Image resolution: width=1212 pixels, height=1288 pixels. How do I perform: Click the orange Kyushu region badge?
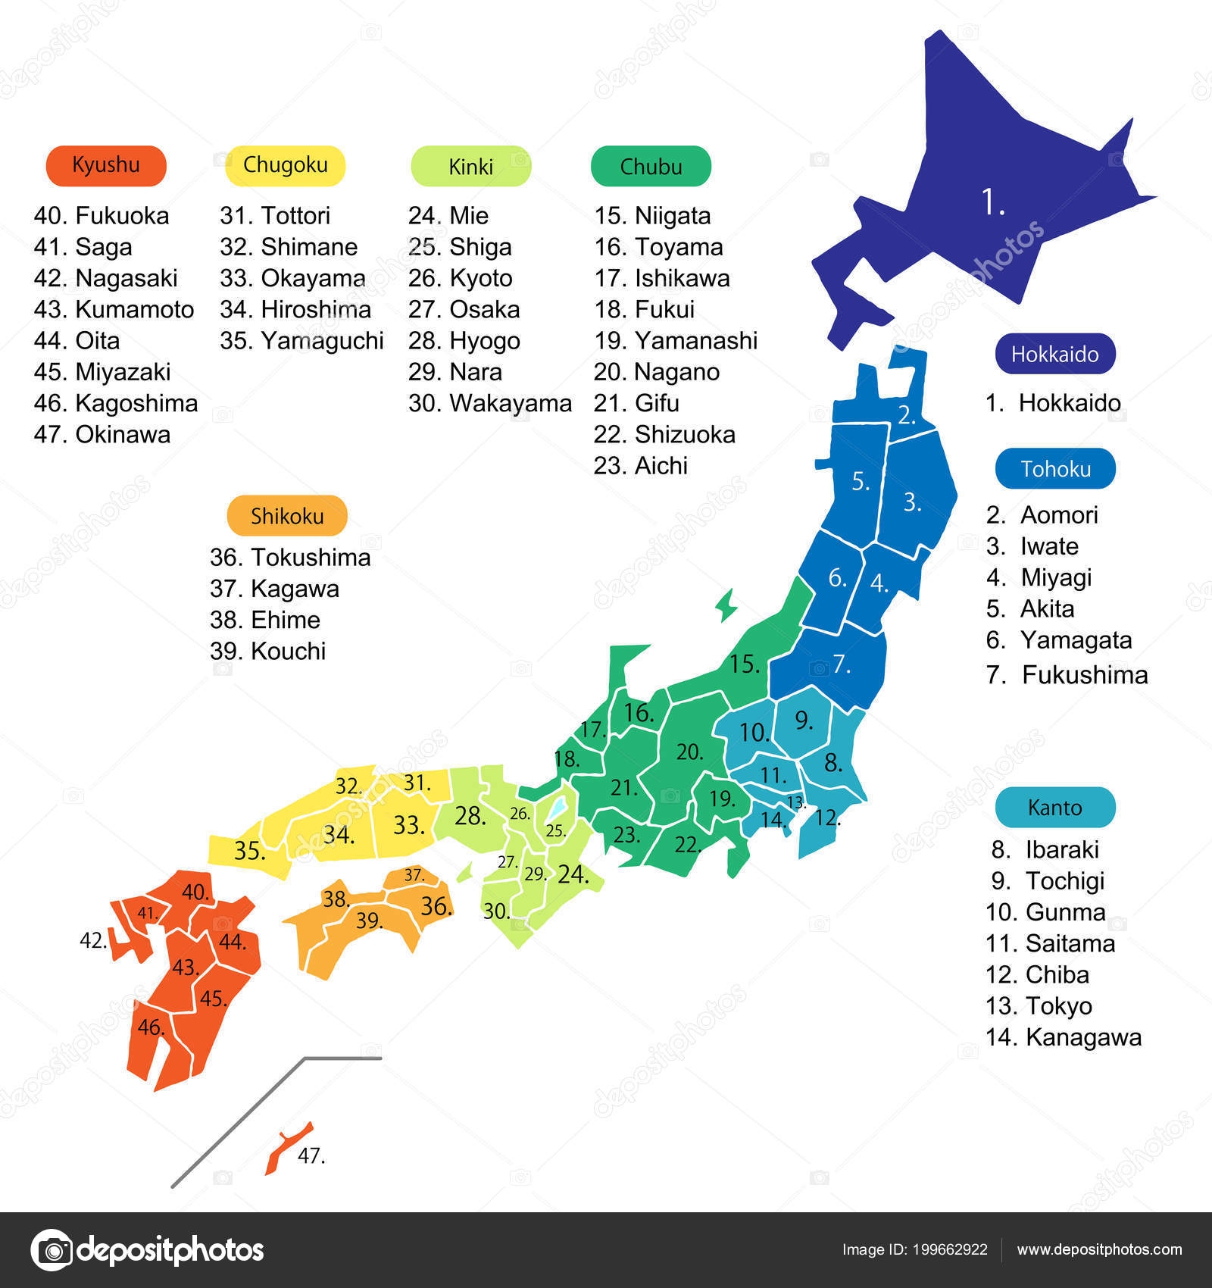(105, 165)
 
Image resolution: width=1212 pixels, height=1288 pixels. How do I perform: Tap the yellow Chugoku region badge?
(286, 165)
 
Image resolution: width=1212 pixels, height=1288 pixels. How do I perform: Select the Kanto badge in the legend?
(1054, 808)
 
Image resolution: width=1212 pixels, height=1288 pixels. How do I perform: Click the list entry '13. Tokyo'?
(1039, 1006)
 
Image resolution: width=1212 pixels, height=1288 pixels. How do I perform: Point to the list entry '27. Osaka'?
(464, 309)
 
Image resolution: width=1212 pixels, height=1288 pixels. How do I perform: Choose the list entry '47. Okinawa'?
(102, 434)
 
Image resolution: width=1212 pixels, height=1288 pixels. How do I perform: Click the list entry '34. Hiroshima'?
(295, 309)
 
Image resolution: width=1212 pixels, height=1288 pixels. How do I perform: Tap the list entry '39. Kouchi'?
(267, 651)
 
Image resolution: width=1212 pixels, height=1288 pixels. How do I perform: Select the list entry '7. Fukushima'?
(1067, 674)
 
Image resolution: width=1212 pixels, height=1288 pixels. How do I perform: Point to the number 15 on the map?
(744, 664)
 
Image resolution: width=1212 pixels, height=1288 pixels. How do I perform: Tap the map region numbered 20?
(689, 752)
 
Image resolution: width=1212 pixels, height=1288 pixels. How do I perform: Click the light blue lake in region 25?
(558, 808)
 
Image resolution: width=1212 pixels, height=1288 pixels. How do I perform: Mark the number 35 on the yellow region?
(249, 851)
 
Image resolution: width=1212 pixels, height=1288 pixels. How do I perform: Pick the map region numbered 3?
(912, 502)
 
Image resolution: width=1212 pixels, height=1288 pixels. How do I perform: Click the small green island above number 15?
(726, 606)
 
